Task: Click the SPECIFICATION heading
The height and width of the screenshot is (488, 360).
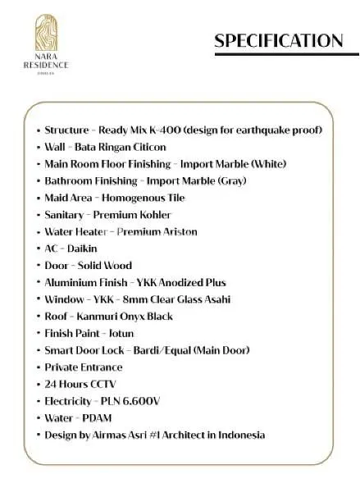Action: (279, 41)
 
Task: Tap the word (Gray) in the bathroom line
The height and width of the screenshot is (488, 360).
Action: (228, 180)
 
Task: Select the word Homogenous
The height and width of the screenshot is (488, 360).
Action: (130, 198)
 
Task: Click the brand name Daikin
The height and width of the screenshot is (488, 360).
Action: (84, 249)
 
